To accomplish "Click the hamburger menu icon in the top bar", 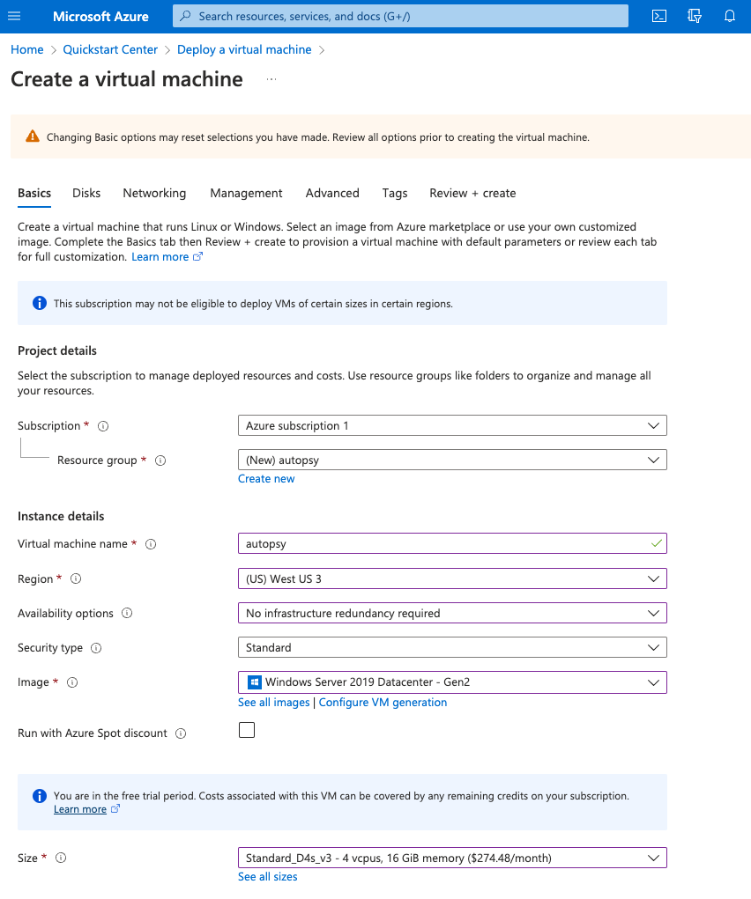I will click(x=14, y=16).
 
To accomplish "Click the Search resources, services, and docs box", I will click(x=401, y=16).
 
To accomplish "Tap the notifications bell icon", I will click(x=730, y=16).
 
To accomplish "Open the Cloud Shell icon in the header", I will click(x=658, y=16).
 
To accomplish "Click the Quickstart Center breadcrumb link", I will click(x=110, y=50).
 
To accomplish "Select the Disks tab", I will click(x=86, y=193).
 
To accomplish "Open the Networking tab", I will click(x=154, y=193).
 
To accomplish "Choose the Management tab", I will click(x=246, y=193).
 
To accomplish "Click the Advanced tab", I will click(x=332, y=193).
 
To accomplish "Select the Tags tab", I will click(x=395, y=193).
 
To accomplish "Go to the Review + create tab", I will click(x=472, y=193).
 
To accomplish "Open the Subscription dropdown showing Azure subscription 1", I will click(x=452, y=426).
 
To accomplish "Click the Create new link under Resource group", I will click(x=266, y=479).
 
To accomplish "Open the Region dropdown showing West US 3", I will click(x=452, y=579).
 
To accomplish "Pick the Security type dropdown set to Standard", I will click(x=452, y=648).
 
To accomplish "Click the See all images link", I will click(x=274, y=703).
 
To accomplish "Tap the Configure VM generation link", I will click(x=383, y=703).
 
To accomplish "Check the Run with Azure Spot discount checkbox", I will click(x=247, y=730).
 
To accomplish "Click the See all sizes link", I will click(x=268, y=877).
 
